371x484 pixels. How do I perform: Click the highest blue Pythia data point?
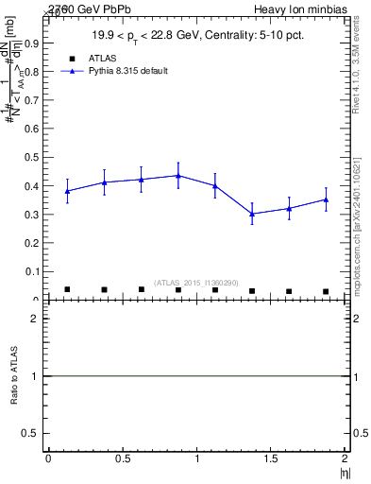click(178, 175)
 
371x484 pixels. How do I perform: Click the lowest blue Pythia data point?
click(252, 214)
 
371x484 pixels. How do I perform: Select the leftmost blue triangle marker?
click(67, 191)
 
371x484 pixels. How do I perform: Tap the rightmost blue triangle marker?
click(326, 199)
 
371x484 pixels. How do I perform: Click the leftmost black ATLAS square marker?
click(67, 289)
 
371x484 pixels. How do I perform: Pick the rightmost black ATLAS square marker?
click(326, 291)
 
